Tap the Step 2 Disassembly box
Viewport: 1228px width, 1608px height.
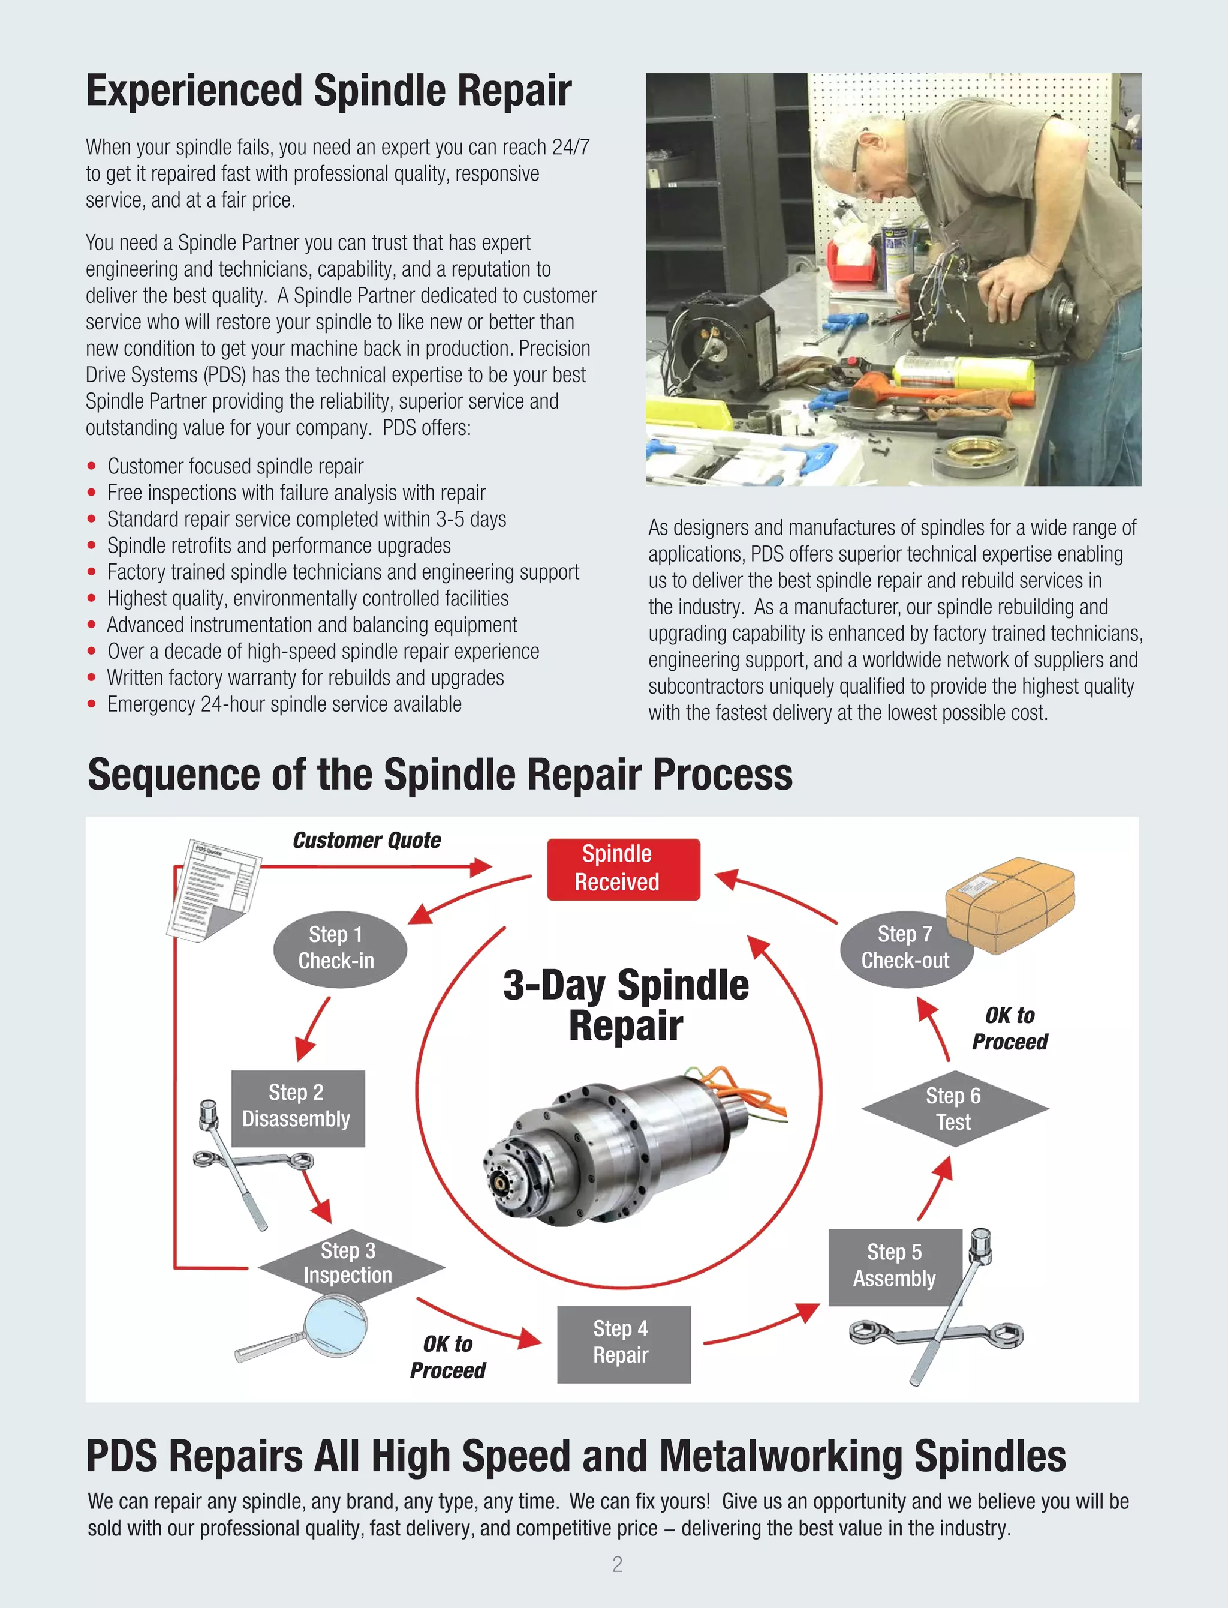point(297,1107)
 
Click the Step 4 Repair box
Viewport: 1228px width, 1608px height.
point(623,1343)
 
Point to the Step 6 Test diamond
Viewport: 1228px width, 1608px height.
point(954,1109)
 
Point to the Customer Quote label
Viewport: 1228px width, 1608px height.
point(366,840)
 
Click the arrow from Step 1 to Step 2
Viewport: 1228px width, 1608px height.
point(312,1029)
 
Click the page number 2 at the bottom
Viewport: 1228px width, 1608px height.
point(617,1564)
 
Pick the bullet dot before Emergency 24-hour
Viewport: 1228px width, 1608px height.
point(91,704)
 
